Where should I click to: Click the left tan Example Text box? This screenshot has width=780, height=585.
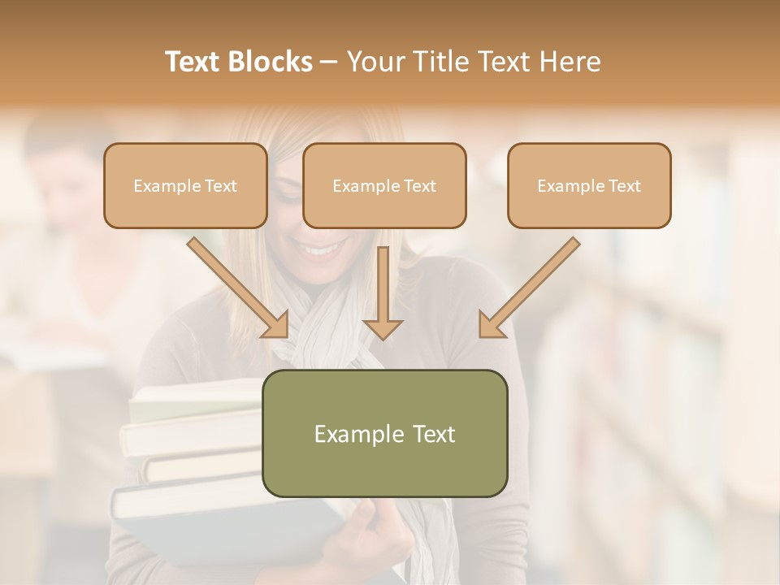point(185,186)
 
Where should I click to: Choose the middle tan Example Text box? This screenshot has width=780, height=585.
point(384,186)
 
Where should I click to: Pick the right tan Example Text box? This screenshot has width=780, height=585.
point(589,186)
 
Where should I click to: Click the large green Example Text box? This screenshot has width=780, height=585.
point(384,433)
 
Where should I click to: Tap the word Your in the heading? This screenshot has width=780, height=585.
point(375,62)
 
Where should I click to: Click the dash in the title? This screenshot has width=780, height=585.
point(329,63)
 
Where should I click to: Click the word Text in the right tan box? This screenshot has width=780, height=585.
point(625,186)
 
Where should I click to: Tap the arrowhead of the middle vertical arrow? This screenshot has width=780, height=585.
point(383,328)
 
